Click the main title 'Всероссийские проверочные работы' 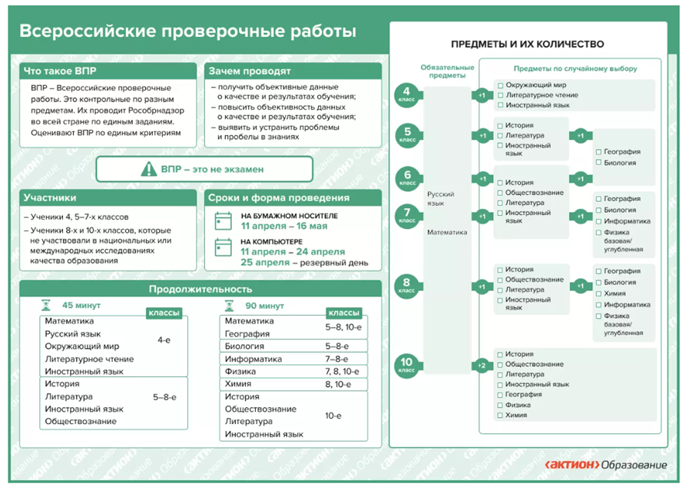(x=187, y=32)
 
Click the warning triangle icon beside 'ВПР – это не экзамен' (x=146, y=169)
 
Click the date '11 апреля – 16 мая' (x=283, y=227)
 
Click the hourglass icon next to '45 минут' (x=45, y=305)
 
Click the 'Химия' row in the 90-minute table (x=239, y=383)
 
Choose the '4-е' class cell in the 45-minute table (x=164, y=340)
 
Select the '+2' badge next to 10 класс (x=482, y=365)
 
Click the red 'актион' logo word (x=569, y=465)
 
